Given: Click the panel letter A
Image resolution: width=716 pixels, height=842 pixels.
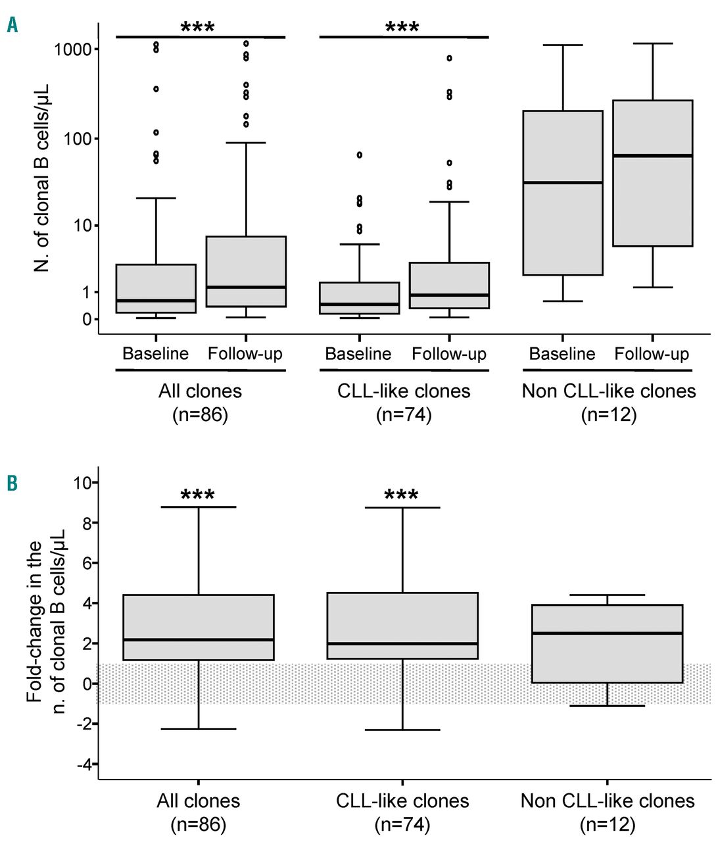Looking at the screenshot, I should (x=12, y=26).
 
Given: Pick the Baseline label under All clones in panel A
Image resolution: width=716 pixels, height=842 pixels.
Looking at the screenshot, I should (x=155, y=354).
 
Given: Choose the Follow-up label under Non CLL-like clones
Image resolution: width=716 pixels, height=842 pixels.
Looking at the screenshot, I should (x=652, y=354).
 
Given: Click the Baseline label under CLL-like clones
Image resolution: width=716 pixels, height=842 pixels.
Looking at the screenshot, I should (x=358, y=354).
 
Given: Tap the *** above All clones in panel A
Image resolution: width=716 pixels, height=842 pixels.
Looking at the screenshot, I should (x=197, y=28).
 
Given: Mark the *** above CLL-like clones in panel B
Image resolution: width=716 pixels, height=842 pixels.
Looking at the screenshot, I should (x=401, y=495).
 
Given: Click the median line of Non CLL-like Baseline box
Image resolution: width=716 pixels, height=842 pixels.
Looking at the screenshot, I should (x=563, y=182).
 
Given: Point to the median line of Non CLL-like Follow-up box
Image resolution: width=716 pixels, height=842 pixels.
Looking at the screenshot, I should (x=652, y=155).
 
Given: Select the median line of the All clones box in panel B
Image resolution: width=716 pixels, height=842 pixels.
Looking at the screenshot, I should (x=198, y=639).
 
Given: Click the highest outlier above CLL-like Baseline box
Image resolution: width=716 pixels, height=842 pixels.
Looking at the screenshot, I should (x=360, y=155).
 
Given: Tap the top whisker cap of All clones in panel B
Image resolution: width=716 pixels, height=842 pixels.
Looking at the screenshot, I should (x=198, y=507).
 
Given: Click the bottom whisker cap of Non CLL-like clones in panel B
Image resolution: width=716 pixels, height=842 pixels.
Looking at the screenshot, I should (x=607, y=706).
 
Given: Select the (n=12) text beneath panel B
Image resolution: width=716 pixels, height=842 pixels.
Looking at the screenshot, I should (x=608, y=824).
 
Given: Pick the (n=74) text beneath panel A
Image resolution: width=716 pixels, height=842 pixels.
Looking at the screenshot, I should (x=404, y=415).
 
